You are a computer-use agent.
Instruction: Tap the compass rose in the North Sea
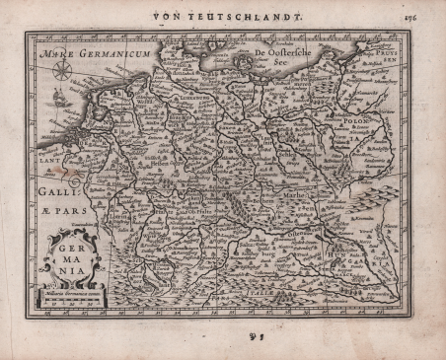coord(62,71)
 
